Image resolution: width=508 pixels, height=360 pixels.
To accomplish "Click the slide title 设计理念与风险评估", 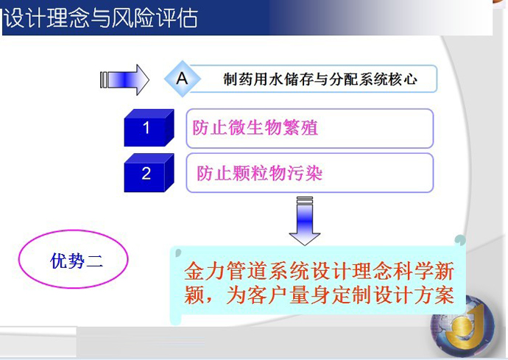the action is coord(101,18).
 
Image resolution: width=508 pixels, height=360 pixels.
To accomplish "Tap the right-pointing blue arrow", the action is coord(124,80).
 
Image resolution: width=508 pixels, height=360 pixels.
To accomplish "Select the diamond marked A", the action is coord(183,79).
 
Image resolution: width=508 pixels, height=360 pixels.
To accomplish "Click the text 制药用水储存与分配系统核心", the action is coord(320,79).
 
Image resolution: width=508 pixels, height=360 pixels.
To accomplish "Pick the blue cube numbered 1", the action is coord(149,127).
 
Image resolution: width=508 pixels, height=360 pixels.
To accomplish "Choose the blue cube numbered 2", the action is coord(149,173).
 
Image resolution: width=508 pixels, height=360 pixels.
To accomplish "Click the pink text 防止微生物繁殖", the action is coord(255,127).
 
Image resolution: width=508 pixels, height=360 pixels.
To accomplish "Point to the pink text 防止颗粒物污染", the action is coord(259,173).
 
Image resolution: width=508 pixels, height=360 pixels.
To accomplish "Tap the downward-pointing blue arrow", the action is coord(305,221).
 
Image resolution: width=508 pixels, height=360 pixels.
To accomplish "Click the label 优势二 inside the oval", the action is coord(77,261).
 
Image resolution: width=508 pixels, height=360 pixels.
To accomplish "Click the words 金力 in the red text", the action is coord(205,271).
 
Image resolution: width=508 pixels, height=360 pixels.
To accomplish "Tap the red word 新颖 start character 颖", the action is coord(194,295).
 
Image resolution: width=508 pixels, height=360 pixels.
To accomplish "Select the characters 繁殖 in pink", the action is coord(300,127).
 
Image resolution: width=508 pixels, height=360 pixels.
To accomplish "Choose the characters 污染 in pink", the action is coord(305,173).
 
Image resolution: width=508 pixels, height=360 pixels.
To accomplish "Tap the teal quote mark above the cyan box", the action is coord(460,240).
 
